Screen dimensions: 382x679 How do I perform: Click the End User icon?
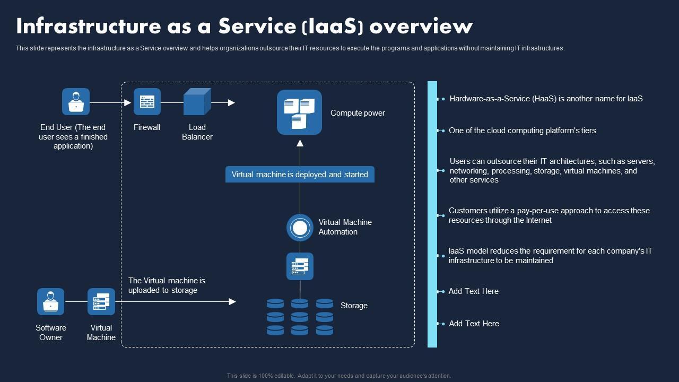[x=76, y=102]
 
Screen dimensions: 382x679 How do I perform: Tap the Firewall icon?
[x=147, y=102]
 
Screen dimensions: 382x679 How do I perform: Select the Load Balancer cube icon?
[x=197, y=102]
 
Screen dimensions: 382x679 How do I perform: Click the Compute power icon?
[x=299, y=112]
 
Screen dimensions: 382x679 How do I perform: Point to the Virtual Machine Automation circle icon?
[x=300, y=228]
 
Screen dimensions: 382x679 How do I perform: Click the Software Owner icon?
[x=50, y=302]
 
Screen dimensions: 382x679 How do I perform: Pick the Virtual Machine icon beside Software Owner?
[x=101, y=302]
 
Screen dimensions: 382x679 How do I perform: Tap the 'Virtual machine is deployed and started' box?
[x=300, y=175]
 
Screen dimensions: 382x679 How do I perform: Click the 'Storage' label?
[x=354, y=306]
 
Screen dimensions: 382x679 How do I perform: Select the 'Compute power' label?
[x=358, y=113]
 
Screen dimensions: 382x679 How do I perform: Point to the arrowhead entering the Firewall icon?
[x=128, y=102]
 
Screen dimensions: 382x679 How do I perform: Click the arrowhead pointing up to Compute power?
[x=300, y=143]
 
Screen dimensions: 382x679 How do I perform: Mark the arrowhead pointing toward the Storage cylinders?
[x=232, y=302]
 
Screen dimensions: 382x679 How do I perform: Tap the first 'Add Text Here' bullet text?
[x=474, y=291]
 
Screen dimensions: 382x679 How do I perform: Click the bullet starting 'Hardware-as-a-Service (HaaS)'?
[x=546, y=99]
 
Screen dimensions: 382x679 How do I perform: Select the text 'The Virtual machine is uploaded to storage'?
[x=167, y=285]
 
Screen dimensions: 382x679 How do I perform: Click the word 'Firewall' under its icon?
[x=147, y=127]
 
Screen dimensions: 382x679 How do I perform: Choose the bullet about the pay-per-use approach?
[x=549, y=215]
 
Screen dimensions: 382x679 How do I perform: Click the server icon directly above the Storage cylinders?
[x=300, y=266]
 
